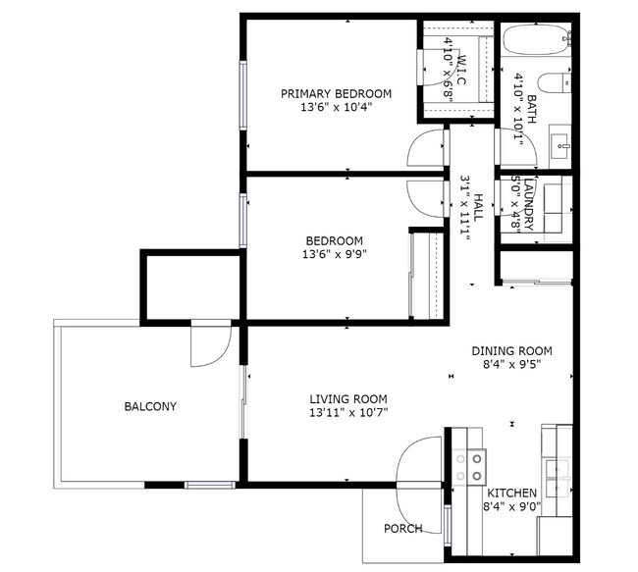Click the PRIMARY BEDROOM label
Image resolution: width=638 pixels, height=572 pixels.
pyautogui.click(x=336, y=94)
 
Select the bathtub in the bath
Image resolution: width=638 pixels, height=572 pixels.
pyautogui.click(x=536, y=42)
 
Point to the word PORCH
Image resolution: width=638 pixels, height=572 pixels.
pyautogui.click(x=403, y=529)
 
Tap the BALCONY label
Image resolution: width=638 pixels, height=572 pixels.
pyautogui.click(x=150, y=406)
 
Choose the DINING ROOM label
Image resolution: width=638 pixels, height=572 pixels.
pyautogui.click(x=511, y=351)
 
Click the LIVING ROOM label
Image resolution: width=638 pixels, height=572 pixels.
pyautogui.click(x=348, y=399)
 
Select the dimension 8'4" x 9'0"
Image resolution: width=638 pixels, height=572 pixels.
pyautogui.click(x=511, y=507)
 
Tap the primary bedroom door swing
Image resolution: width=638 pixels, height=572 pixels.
pyautogui.click(x=427, y=148)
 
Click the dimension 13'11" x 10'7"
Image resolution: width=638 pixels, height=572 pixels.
pyautogui.click(x=348, y=412)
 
